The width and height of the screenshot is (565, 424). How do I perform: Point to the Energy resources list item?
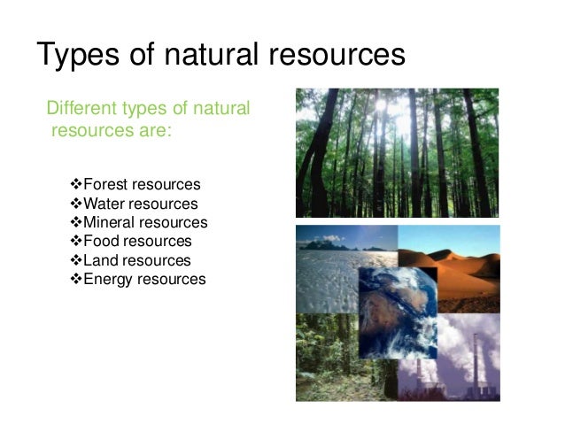click(x=143, y=279)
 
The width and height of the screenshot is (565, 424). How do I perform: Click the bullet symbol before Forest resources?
click(x=75, y=185)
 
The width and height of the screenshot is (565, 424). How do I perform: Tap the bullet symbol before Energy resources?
click(x=75, y=279)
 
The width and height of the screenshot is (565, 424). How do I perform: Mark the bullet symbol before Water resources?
click(x=75, y=204)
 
